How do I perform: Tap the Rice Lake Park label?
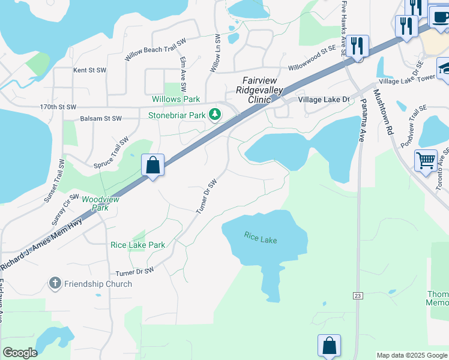point(137,245)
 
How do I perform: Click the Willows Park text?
point(176,99)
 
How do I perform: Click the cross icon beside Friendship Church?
point(55,283)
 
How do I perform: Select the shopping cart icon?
point(426,160)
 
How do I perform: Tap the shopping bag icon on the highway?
point(152,164)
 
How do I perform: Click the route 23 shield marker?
point(358,295)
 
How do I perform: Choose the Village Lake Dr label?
point(327,100)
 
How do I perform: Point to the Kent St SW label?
point(89,70)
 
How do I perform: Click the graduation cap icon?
point(444,67)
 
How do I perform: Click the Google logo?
point(20,353)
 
